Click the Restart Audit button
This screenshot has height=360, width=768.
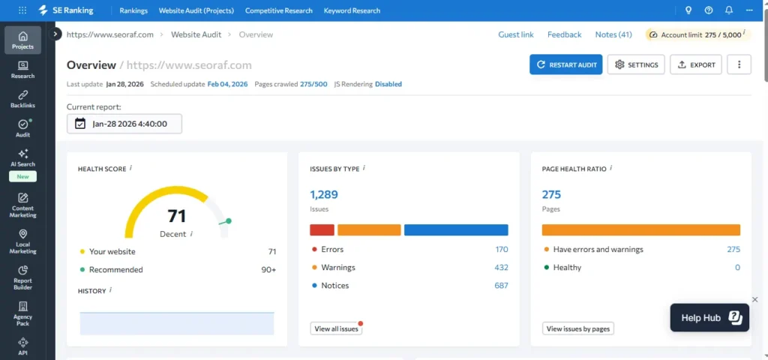click(x=565, y=64)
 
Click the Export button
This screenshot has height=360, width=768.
click(x=696, y=64)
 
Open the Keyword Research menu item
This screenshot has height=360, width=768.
click(x=352, y=10)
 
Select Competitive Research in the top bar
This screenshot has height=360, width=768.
click(x=278, y=10)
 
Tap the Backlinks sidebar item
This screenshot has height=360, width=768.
click(x=22, y=98)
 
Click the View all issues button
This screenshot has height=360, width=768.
click(x=336, y=328)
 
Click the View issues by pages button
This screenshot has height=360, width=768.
click(x=577, y=328)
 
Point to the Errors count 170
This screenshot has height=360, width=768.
click(x=501, y=250)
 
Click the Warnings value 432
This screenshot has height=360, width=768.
click(x=501, y=268)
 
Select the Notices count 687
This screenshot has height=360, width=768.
click(x=501, y=286)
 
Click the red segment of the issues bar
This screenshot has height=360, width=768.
click(x=322, y=230)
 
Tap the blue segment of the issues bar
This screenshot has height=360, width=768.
click(x=456, y=230)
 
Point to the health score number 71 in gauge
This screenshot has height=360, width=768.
click(x=177, y=216)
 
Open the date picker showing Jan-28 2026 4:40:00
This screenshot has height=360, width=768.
click(x=124, y=124)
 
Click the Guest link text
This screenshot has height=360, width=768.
click(x=516, y=34)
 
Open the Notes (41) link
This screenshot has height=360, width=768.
click(x=613, y=34)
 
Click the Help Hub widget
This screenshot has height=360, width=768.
click(x=709, y=318)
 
